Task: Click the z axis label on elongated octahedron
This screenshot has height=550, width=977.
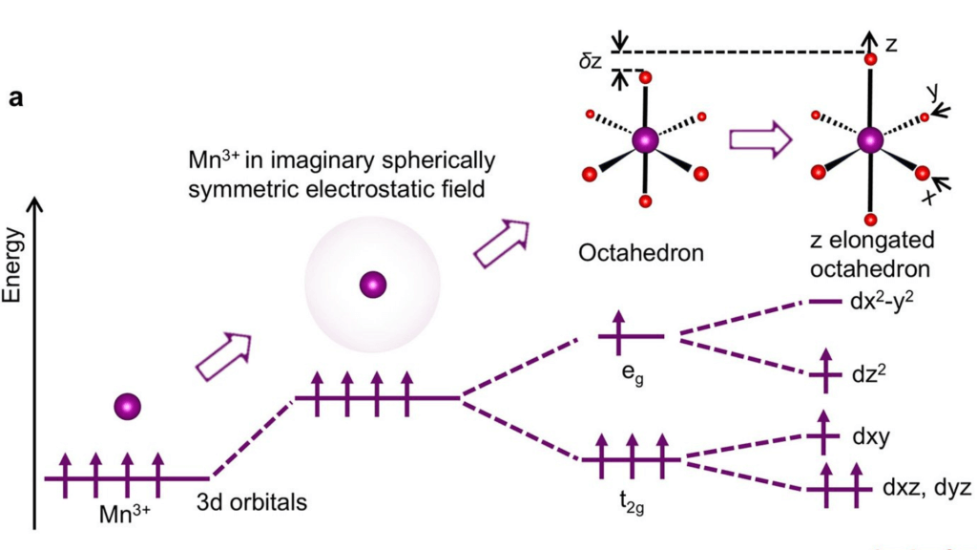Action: point(891,44)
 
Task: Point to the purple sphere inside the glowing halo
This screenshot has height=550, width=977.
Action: point(371,284)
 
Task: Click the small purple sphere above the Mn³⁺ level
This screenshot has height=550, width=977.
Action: point(127,406)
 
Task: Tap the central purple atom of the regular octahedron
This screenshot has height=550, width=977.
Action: point(645,139)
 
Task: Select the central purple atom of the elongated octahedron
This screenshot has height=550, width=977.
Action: point(869,140)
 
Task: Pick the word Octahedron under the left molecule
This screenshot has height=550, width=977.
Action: point(640,254)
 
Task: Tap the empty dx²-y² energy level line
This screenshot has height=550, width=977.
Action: point(823,302)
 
